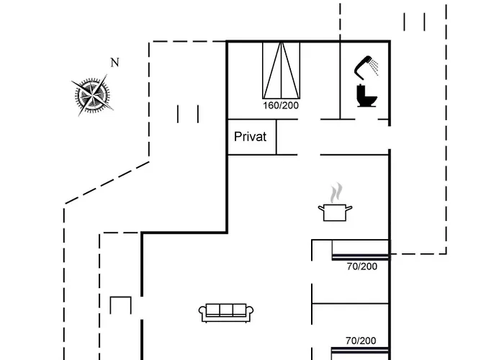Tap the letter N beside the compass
click(x=114, y=63)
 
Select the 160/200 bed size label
click(x=281, y=105)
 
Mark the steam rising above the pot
click(x=336, y=193)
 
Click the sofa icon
click(x=226, y=312)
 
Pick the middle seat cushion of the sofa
click(x=226, y=310)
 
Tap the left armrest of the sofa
click(x=202, y=313)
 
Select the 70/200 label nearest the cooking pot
click(x=361, y=266)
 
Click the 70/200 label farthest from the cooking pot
click(x=361, y=341)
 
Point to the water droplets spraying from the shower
click(x=375, y=67)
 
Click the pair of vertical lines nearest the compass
click(x=187, y=114)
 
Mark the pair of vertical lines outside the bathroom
click(x=414, y=22)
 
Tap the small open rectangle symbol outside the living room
click(x=120, y=306)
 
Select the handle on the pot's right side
click(x=350, y=208)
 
